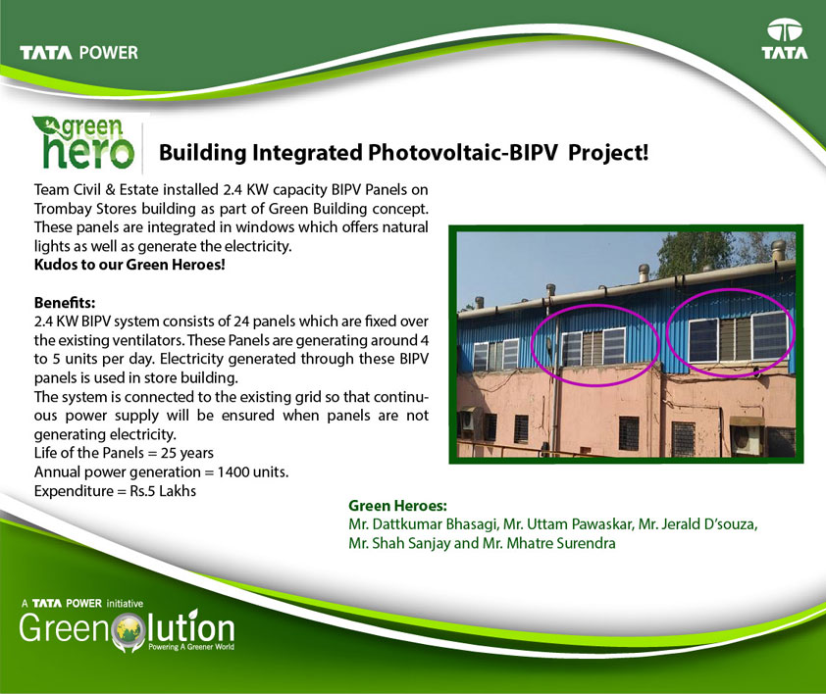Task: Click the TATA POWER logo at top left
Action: [78, 53]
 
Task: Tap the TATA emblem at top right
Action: [784, 38]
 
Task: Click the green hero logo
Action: [83, 142]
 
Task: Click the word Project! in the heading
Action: [608, 153]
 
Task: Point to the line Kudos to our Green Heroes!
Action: [129, 265]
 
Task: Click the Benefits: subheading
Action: [65, 302]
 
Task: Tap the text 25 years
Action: [187, 453]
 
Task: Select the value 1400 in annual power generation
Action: [232, 471]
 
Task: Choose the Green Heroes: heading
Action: [397, 506]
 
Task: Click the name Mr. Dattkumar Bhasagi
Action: [423, 524]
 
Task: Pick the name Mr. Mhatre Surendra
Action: [549, 543]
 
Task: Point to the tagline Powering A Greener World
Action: [191, 647]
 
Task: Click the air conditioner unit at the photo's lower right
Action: [747, 435]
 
